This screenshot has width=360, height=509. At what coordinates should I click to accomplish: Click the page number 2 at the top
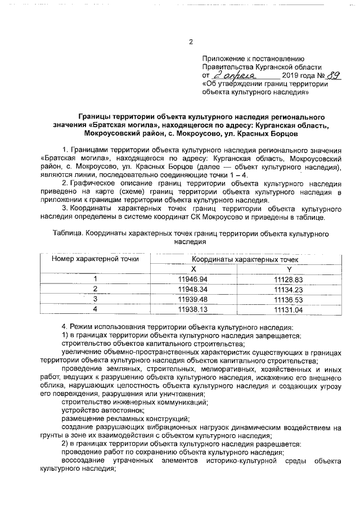(x=191, y=42)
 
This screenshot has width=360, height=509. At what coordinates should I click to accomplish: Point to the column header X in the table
(x=193, y=269)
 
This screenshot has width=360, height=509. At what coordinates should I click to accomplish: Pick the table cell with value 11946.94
(x=193, y=280)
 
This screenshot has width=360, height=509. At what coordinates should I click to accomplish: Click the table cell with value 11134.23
(x=289, y=289)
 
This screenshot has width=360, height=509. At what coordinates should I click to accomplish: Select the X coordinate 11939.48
(x=193, y=299)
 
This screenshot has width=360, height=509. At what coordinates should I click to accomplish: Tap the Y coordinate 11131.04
(x=289, y=309)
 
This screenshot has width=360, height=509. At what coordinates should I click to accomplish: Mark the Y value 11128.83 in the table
(x=289, y=280)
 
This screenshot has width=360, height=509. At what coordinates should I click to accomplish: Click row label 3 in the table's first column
(x=95, y=299)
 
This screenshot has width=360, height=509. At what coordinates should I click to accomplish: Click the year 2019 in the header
(x=291, y=75)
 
